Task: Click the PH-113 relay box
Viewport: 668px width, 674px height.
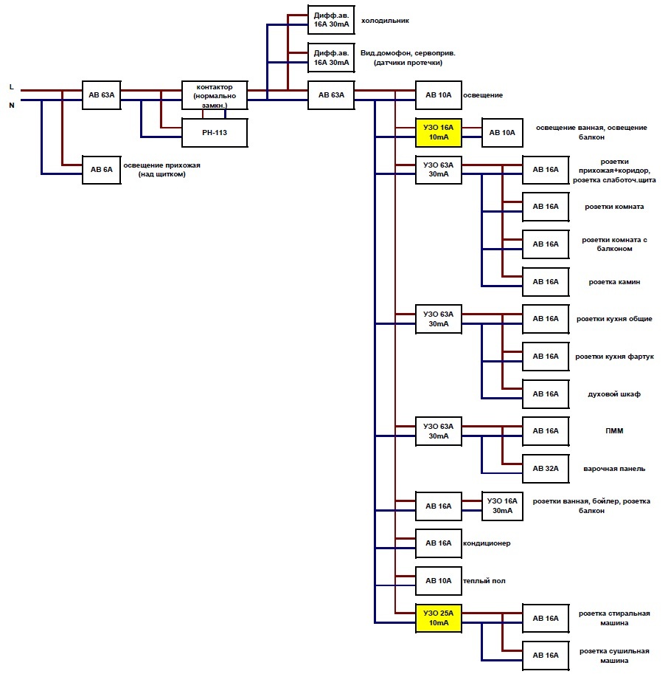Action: point(215,133)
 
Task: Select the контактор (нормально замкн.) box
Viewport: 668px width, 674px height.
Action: point(215,95)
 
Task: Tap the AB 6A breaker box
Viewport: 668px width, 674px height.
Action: point(101,170)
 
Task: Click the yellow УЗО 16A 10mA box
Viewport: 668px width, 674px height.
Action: point(438,132)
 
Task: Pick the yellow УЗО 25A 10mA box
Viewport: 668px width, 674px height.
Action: point(438,618)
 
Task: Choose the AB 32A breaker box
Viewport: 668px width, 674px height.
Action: point(546,469)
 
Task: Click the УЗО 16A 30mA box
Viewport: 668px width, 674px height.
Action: point(502,506)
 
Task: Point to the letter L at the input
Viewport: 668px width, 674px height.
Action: point(12,87)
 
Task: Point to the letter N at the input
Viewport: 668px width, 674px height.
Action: point(12,106)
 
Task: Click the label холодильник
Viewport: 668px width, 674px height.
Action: point(385,21)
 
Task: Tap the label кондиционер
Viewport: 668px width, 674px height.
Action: point(487,543)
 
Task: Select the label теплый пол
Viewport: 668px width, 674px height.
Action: point(484,581)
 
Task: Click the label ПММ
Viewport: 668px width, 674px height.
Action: point(614,430)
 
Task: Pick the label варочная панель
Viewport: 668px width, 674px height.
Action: point(614,469)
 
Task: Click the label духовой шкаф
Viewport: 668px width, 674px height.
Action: point(614,394)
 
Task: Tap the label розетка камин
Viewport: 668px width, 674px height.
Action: point(614,282)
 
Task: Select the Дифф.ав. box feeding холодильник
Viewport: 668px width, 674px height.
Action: point(331,20)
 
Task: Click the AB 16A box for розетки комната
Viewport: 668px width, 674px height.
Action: point(546,207)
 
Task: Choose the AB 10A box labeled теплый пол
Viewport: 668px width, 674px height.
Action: point(438,581)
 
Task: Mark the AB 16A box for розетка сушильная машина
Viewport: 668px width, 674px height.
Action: point(546,656)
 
